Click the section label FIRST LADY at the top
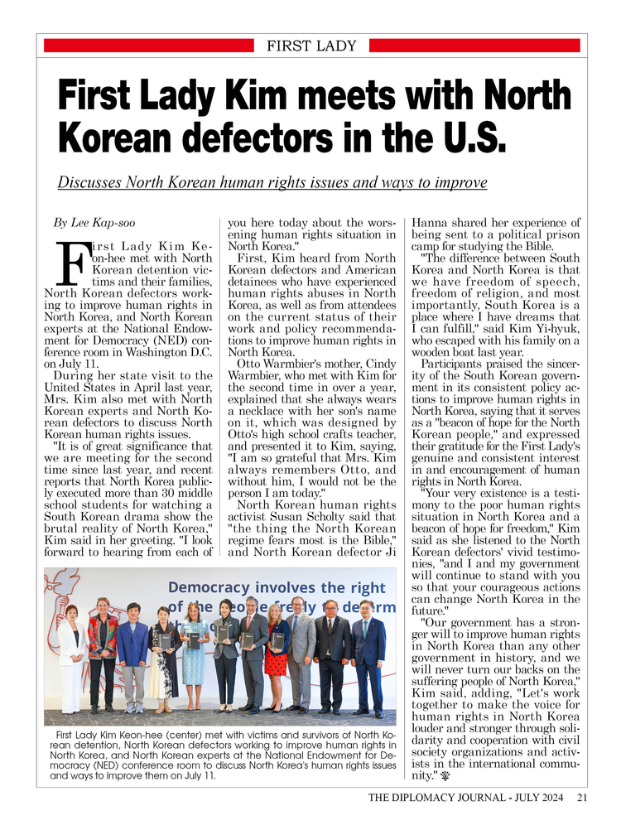(x=310, y=46)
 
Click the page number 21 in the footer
(x=582, y=798)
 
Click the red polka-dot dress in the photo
(x=277, y=654)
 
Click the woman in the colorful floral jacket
(x=103, y=650)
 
